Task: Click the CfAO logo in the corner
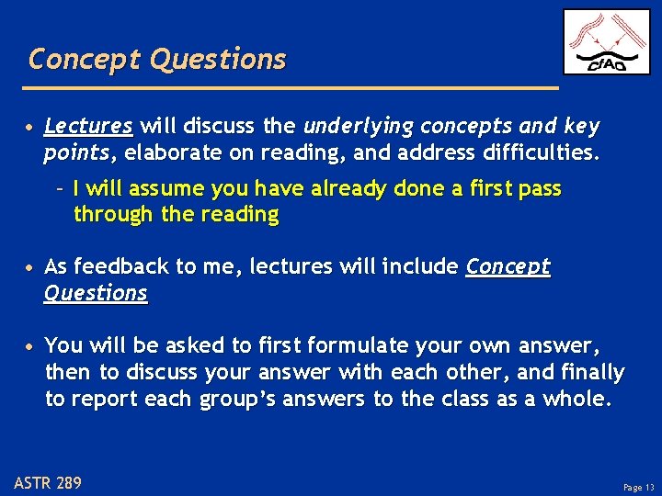click(x=606, y=42)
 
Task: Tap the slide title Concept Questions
click(x=157, y=60)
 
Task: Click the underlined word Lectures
click(x=88, y=126)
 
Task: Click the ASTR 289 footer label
click(x=48, y=482)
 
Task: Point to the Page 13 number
click(x=638, y=488)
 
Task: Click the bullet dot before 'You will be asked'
click(x=31, y=347)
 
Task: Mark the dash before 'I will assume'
click(x=60, y=189)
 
